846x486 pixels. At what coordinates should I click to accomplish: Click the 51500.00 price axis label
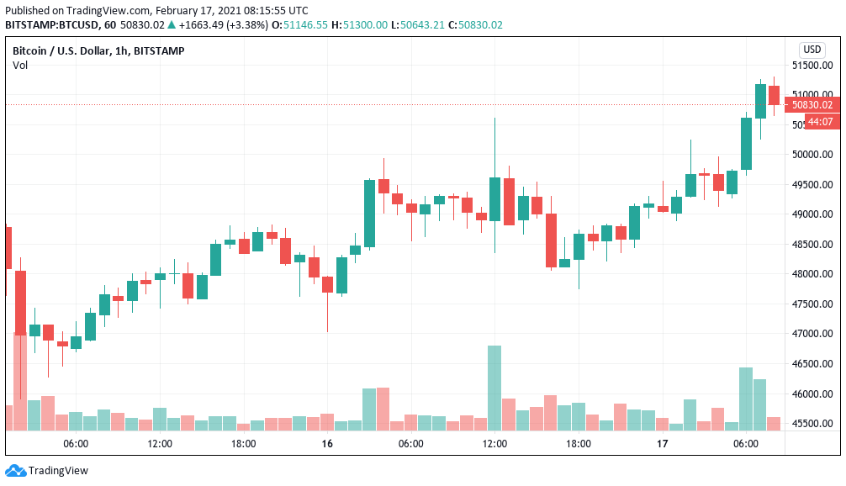point(814,65)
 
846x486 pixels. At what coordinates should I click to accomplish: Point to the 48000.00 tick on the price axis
point(814,274)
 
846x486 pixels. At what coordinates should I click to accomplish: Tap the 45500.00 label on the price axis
point(814,424)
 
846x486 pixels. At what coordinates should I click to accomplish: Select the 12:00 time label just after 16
point(494,444)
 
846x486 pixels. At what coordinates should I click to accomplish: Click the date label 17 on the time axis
point(662,444)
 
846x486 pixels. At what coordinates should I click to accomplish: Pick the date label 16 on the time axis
point(327,444)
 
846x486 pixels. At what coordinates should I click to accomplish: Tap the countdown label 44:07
point(820,122)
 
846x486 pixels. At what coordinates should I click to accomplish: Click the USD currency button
point(812,50)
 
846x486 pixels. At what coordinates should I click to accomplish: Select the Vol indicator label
point(19,66)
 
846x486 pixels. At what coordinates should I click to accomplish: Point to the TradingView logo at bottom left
point(47,471)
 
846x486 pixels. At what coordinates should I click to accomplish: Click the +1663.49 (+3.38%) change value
point(225,25)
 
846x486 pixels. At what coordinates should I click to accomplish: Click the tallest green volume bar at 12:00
point(494,387)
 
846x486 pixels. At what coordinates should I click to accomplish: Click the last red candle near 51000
point(774,95)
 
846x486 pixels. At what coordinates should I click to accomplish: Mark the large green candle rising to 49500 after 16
point(369,213)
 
